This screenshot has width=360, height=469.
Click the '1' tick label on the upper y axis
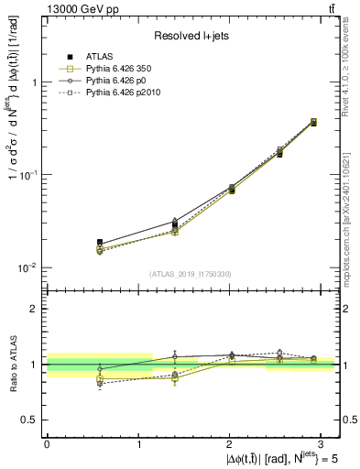click(x=33, y=82)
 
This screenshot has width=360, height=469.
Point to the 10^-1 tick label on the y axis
click(x=27, y=175)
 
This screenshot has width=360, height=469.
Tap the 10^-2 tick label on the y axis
click(x=27, y=268)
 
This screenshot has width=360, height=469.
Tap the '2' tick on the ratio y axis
click(x=33, y=309)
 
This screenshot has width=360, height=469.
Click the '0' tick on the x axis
click(x=47, y=442)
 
